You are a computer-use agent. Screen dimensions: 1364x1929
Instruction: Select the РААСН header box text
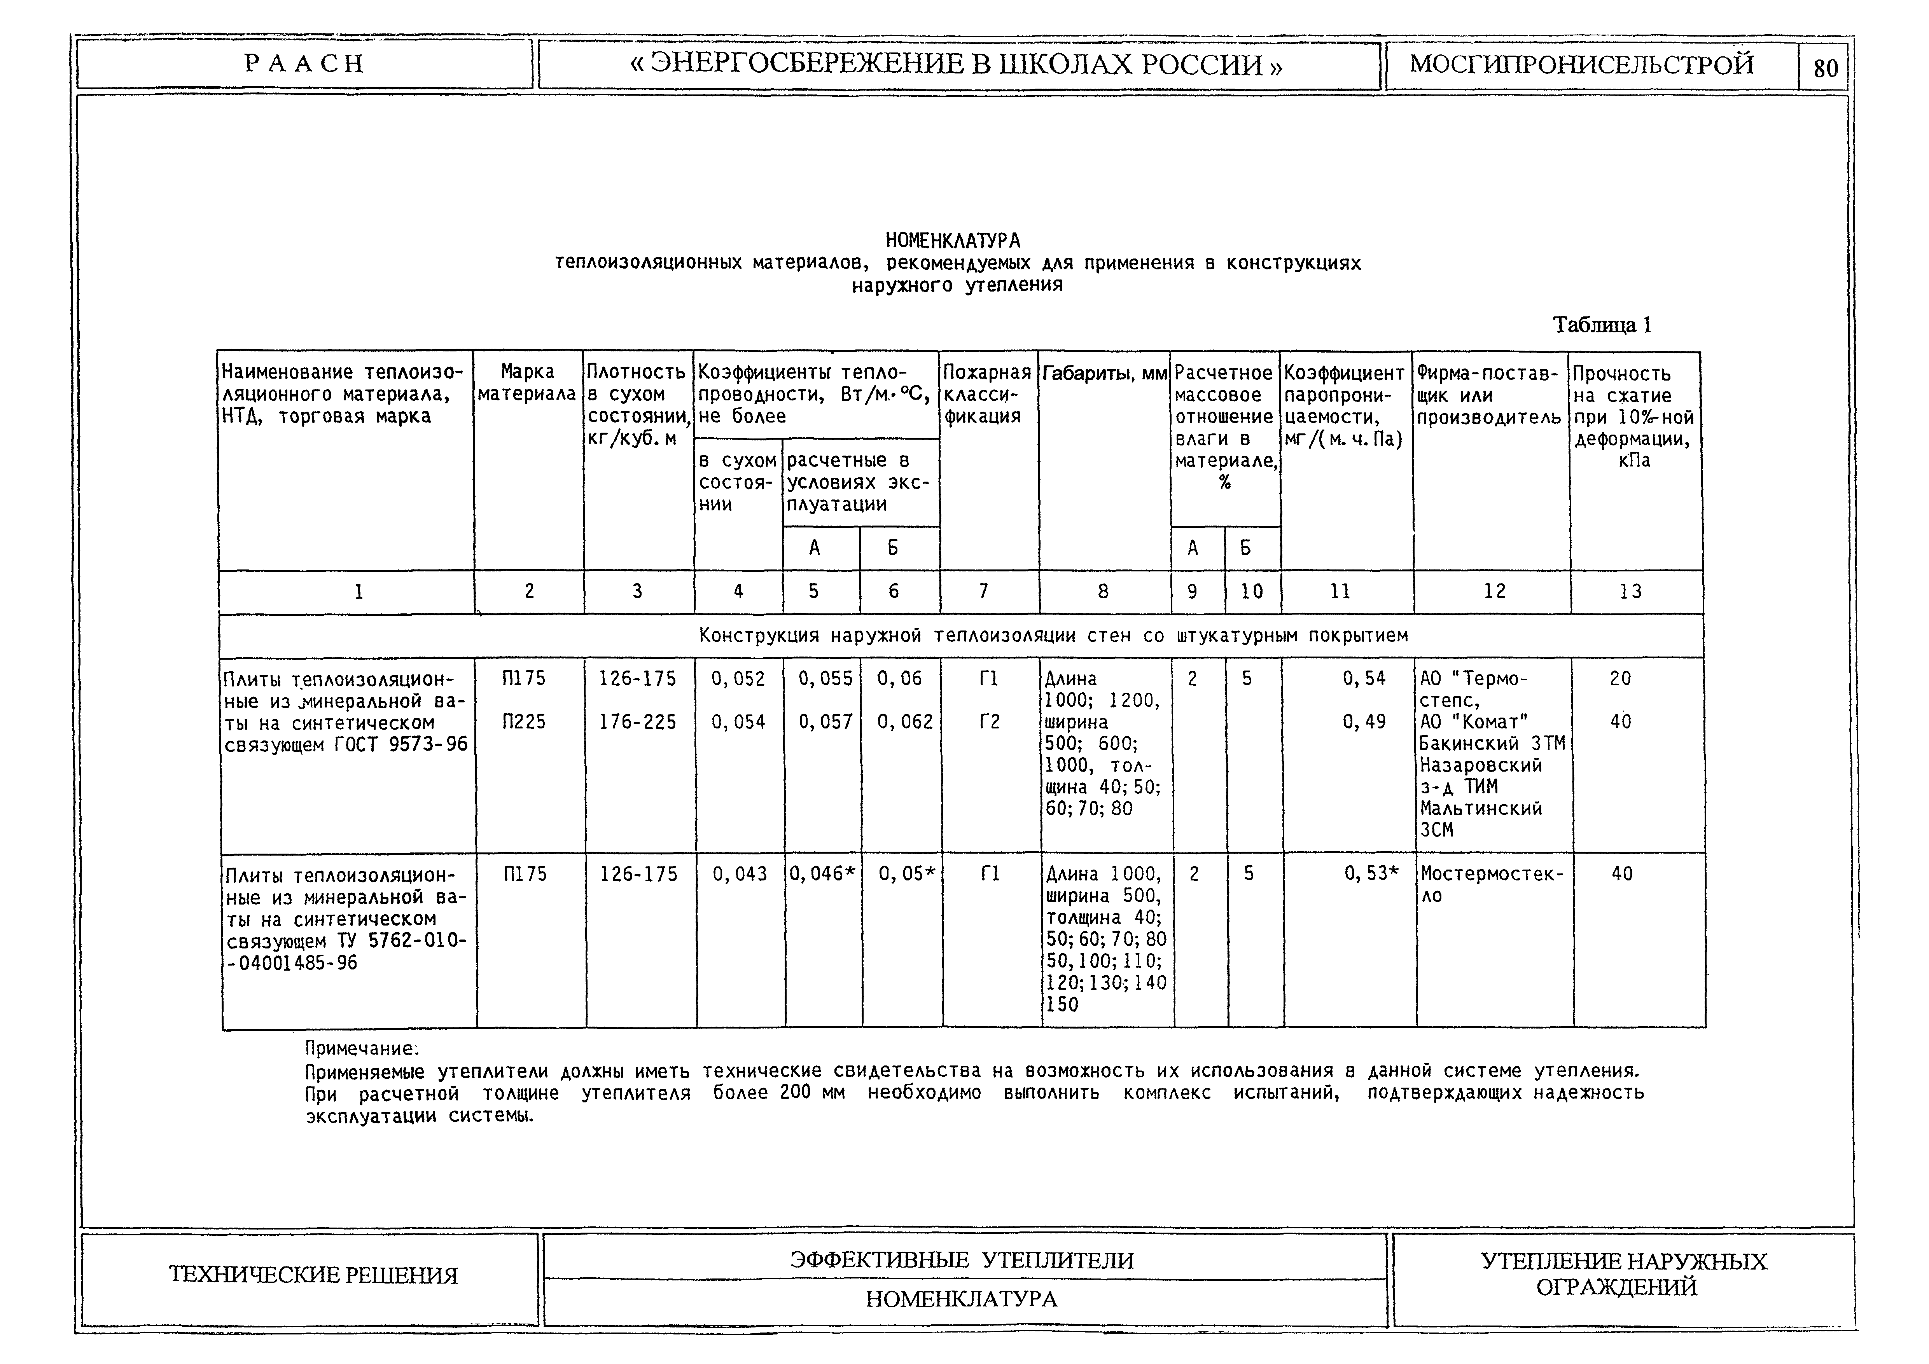(304, 64)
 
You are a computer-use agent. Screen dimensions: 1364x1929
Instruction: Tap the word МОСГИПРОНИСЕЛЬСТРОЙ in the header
(1581, 64)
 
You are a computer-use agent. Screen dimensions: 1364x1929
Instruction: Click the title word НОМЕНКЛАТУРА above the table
(953, 241)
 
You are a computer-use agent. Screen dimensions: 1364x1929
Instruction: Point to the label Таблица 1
(1601, 325)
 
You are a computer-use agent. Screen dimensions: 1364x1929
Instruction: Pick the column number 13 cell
(1631, 592)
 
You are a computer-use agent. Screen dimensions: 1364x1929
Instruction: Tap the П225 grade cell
(524, 721)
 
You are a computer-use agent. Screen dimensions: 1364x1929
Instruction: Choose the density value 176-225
(637, 721)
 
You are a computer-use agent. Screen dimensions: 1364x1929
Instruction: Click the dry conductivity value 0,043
(739, 874)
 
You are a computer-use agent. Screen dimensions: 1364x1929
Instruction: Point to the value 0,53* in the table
(1371, 874)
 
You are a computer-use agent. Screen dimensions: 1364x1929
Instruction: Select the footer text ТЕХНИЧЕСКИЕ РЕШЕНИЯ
(313, 1275)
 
